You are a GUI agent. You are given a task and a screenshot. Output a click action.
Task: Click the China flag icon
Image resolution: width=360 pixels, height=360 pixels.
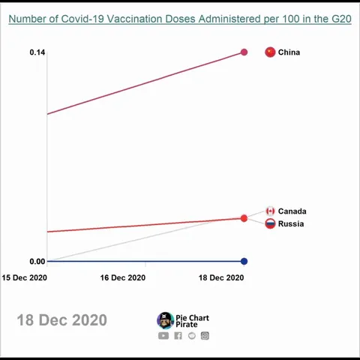(x=270, y=52)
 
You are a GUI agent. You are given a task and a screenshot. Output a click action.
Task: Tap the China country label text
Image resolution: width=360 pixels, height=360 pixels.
(x=289, y=52)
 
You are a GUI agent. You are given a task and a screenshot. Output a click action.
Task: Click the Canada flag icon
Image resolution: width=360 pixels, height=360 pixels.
(x=270, y=211)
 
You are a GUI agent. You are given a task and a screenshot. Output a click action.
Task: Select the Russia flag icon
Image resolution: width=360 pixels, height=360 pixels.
(x=270, y=223)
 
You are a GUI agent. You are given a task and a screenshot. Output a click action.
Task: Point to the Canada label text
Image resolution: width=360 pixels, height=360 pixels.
(x=292, y=211)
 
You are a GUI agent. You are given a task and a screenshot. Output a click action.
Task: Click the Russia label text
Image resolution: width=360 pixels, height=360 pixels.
(x=291, y=224)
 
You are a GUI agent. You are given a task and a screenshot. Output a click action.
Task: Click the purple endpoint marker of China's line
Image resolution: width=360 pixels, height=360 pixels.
(x=244, y=52)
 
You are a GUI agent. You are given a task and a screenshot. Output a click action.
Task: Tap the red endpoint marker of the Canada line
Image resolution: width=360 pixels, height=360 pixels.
(x=244, y=218)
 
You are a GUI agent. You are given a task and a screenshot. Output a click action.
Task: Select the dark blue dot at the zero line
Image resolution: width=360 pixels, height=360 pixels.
(x=244, y=261)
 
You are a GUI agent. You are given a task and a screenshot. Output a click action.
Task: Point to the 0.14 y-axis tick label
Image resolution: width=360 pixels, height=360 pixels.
(x=37, y=52)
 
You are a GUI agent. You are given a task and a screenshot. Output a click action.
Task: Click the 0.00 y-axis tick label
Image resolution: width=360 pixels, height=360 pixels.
(x=37, y=261)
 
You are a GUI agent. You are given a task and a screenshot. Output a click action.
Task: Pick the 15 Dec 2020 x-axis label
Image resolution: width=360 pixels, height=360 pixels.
(x=24, y=277)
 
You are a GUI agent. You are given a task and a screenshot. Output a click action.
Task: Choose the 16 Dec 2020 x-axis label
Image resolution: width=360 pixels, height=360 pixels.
(x=123, y=277)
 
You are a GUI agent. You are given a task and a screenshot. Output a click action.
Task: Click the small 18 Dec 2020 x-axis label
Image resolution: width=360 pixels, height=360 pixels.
(x=221, y=277)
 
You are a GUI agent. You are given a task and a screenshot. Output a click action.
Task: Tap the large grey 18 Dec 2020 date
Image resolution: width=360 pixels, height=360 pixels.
(x=61, y=320)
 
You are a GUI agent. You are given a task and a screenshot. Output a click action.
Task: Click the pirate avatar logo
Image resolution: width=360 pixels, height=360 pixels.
(x=165, y=321)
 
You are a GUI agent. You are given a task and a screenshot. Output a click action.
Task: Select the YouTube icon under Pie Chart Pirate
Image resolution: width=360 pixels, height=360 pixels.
(x=163, y=336)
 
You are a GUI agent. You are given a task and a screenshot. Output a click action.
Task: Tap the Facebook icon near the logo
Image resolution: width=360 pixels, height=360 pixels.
(x=178, y=336)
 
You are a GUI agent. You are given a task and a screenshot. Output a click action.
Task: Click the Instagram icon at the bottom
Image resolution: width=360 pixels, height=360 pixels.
(x=205, y=336)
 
